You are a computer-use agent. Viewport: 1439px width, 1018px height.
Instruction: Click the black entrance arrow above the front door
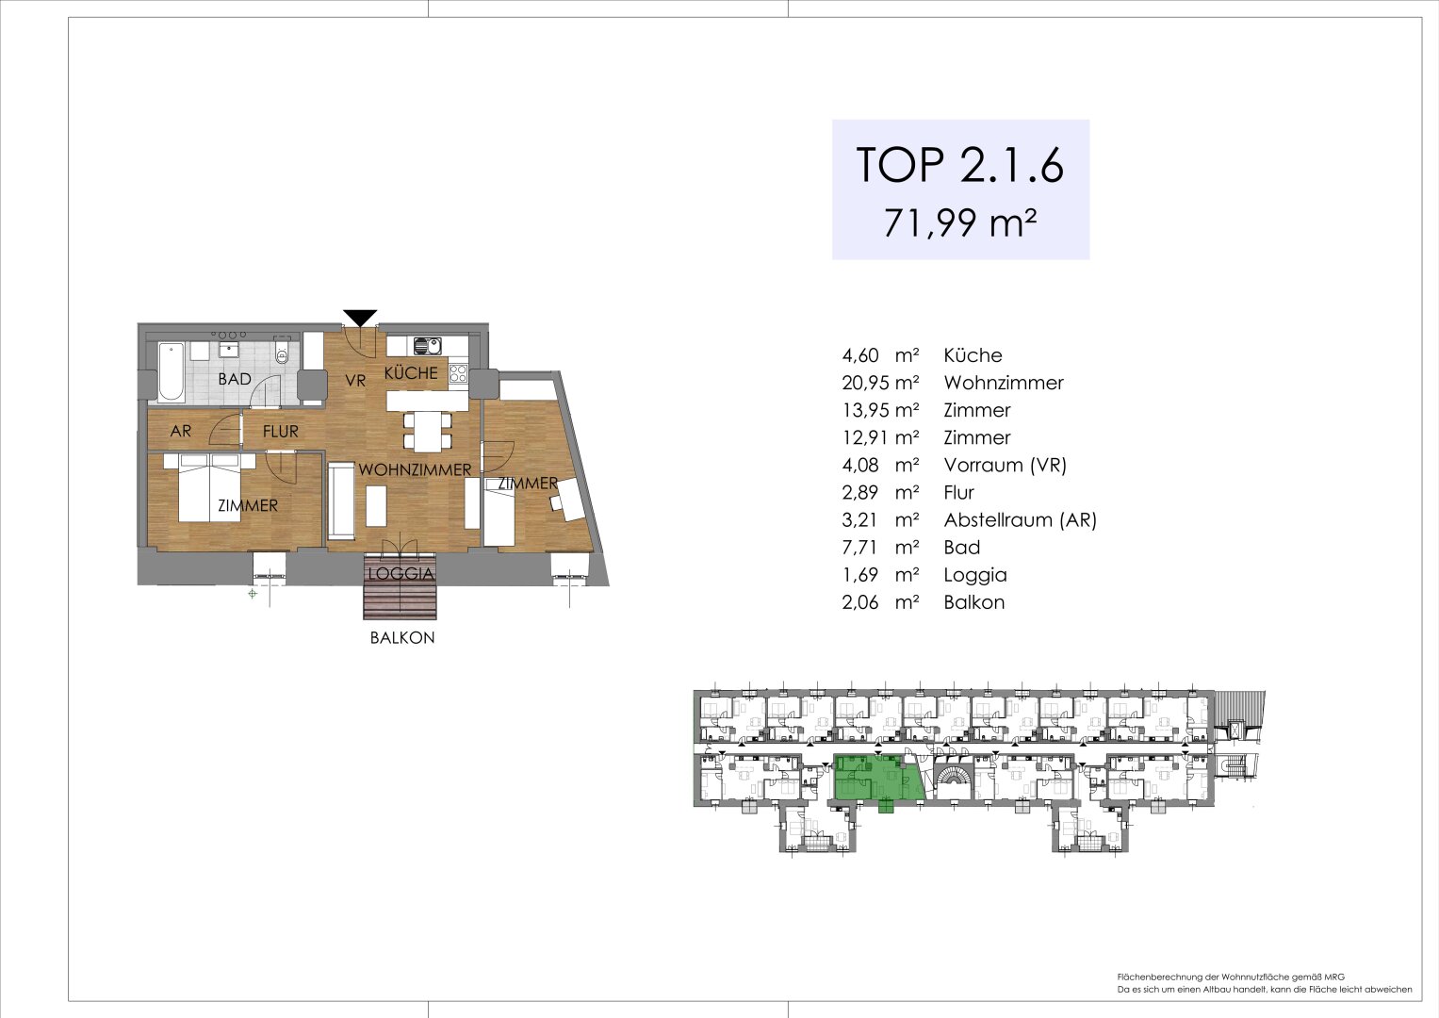[x=360, y=318]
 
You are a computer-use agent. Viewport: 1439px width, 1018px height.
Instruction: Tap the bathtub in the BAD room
[x=172, y=369]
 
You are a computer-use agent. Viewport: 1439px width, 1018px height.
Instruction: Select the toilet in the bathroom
[x=282, y=355]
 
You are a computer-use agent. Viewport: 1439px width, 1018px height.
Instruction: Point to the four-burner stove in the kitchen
[x=458, y=372]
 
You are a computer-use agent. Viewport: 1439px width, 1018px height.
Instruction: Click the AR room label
[x=181, y=432]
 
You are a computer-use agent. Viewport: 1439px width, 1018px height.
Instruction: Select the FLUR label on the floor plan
[x=280, y=432]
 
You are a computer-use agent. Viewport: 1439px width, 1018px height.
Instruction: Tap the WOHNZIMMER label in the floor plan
[x=415, y=469]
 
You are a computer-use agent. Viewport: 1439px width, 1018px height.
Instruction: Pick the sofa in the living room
[x=341, y=500]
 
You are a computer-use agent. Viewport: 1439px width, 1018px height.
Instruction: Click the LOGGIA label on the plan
[x=401, y=574]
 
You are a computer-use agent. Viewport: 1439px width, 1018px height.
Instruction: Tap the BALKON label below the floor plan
[x=402, y=638]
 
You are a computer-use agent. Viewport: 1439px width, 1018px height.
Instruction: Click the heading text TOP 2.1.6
[x=959, y=165]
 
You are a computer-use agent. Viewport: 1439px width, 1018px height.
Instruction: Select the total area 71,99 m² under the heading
[x=960, y=224]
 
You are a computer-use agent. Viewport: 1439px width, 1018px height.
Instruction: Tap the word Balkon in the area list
[x=973, y=601]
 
